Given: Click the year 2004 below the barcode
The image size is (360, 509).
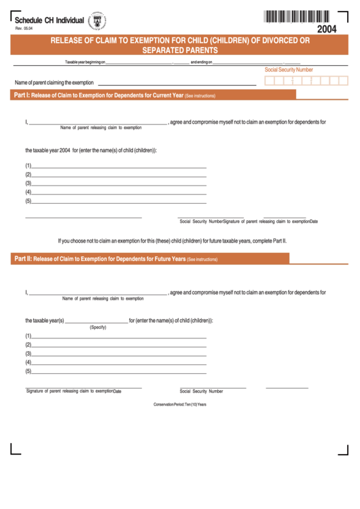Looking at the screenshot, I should click(327, 29).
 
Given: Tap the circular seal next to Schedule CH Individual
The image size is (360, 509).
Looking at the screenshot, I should click(97, 22).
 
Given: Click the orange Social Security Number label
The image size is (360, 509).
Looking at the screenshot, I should click(289, 70).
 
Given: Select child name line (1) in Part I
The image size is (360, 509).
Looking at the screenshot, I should click(119, 165).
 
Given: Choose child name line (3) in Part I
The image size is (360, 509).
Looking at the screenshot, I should click(119, 183).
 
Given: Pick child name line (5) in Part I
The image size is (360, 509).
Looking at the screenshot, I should click(119, 200).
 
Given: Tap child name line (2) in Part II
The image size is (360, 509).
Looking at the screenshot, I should click(119, 345).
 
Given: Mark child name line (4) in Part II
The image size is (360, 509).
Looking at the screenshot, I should click(119, 362).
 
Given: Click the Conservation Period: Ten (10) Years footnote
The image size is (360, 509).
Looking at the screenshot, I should click(180, 404).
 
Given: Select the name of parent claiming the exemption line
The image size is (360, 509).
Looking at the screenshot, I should click(177, 82).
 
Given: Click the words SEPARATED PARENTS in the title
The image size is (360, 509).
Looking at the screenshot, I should click(180, 50).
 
